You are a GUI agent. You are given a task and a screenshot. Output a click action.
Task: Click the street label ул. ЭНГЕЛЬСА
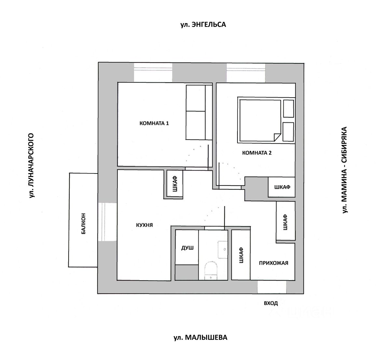tap(203, 24)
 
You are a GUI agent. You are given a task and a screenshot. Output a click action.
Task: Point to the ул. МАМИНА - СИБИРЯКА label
tap(345, 170)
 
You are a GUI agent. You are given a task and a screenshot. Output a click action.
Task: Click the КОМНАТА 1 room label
tap(154, 123)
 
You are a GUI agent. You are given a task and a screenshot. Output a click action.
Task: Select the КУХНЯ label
tap(144, 225)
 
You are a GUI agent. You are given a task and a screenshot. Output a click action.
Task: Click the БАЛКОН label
tap(84, 224)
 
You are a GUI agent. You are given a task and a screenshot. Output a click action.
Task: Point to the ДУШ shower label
tap(187, 248)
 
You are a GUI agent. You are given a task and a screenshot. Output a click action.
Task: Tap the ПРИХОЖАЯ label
tap(274, 263)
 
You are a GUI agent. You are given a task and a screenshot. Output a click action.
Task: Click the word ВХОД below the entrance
tap(271, 303)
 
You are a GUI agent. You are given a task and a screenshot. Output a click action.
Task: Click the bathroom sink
tap(223, 249)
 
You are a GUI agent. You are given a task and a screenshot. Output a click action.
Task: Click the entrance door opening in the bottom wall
tap(272, 287)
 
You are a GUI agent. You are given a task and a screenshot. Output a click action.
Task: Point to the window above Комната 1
tap(153, 72)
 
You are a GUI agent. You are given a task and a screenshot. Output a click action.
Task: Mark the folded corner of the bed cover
tap(277, 137)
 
